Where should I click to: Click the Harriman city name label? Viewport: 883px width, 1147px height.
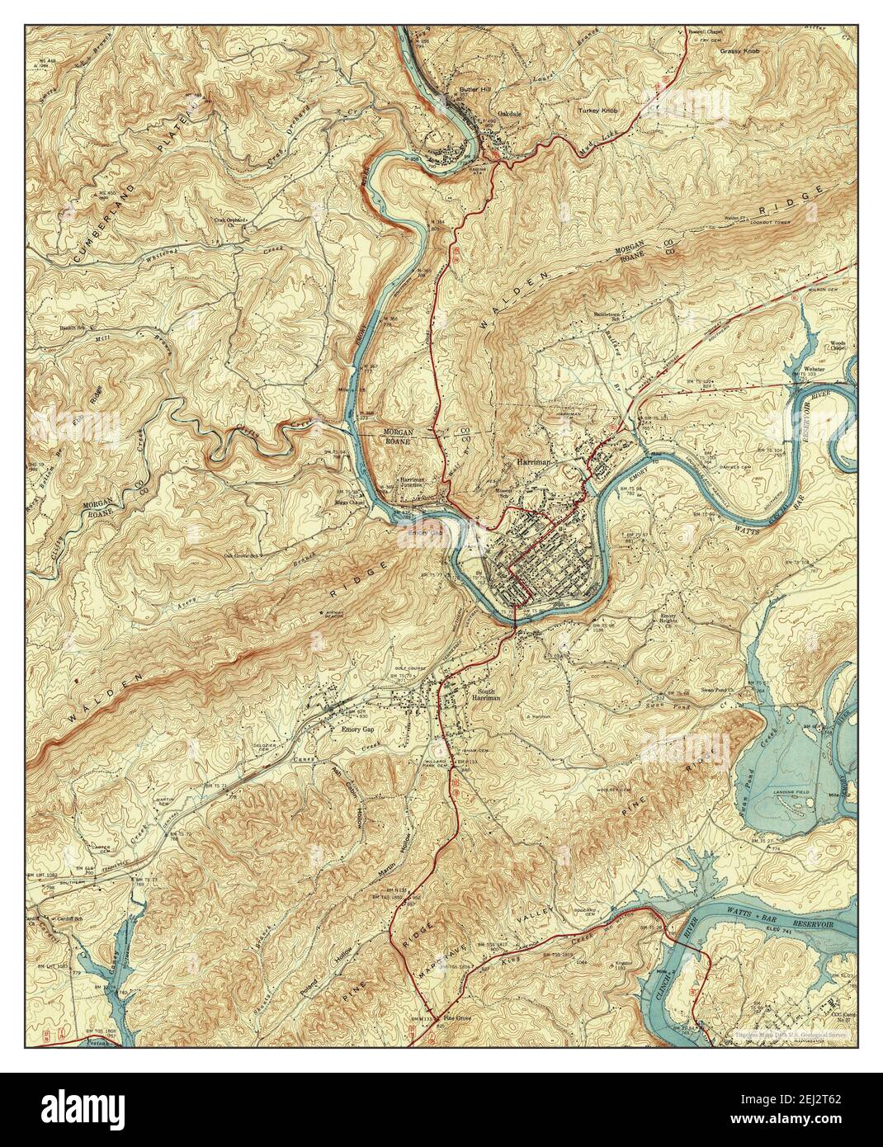[x=536, y=464]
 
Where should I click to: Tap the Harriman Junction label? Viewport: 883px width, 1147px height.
[x=418, y=484]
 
